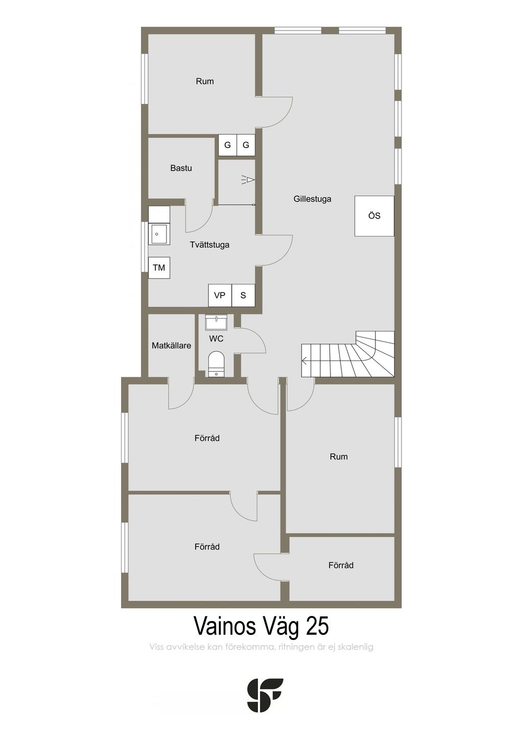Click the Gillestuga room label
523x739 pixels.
pyautogui.click(x=312, y=199)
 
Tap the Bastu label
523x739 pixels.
pyautogui.click(x=181, y=168)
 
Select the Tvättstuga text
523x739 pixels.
pyautogui.click(x=210, y=245)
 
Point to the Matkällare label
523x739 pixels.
pyautogui.click(x=172, y=346)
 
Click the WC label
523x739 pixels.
pyautogui.click(x=216, y=338)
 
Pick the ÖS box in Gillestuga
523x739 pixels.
pyautogui.click(x=374, y=216)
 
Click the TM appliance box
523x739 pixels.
pyautogui.click(x=159, y=267)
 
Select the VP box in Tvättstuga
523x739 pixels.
pyautogui.click(x=220, y=295)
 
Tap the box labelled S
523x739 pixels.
pyautogui.click(x=243, y=295)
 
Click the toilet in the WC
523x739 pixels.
pyautogui.click(x=216, y=364)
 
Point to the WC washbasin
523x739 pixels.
pyautogui.click(x=216, y=323)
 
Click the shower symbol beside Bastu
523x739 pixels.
pyautogui.click(x=248, y=180)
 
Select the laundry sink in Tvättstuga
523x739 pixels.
pyautogui.click(x=159, y=234)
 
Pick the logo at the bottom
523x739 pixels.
pyautogui.click(x=266, y=695)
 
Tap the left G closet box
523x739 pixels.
pyautogui.click(x=227, y=145)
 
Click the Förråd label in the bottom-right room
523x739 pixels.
pyautogui.click(x=341, y=565)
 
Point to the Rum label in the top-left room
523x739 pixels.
pyautogui.click(x=205, y=81)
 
